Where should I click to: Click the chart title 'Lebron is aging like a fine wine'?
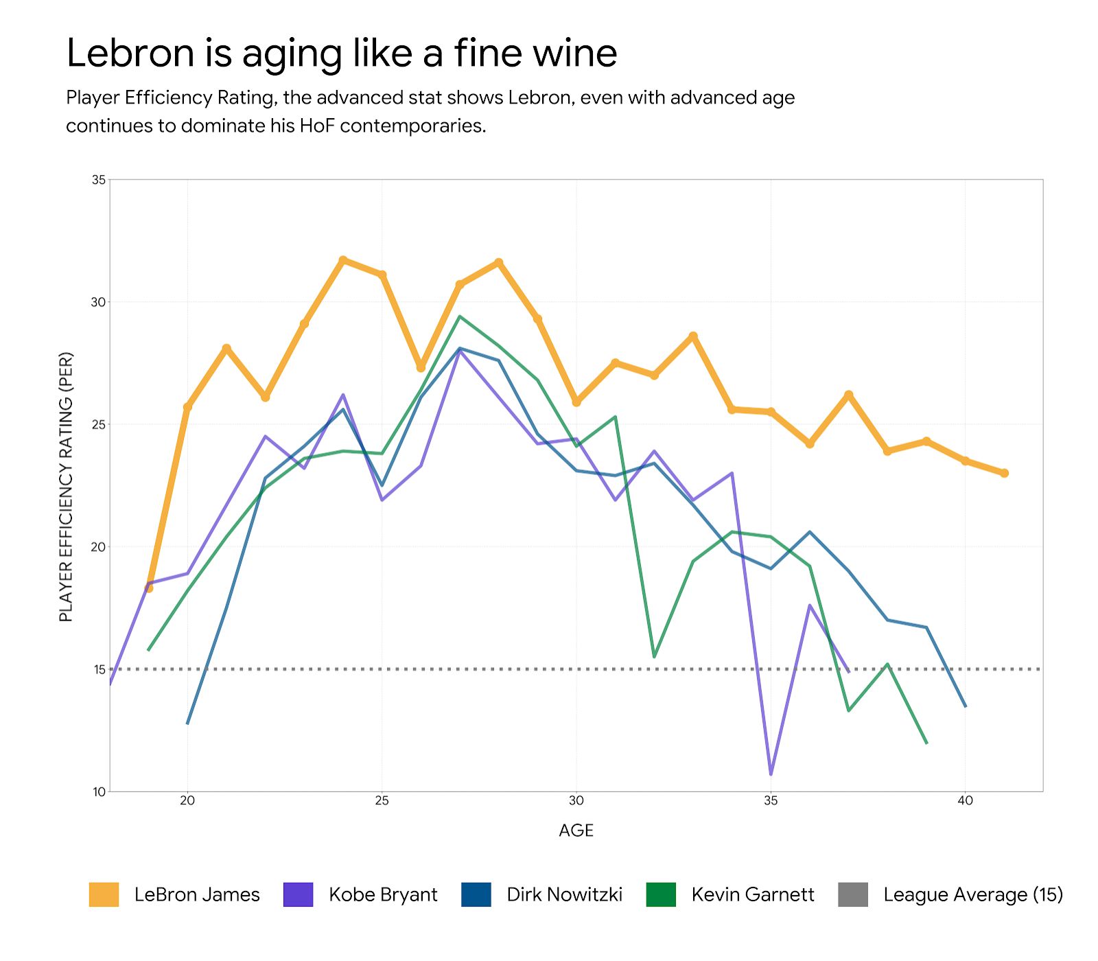(341, 54)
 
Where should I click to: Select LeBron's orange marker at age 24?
(343, 260)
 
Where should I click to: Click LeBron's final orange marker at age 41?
(1004, 473)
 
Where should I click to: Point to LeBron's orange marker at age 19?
(149, 588)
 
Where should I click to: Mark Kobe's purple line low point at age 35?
(771, 774)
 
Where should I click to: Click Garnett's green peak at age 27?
(460, 316)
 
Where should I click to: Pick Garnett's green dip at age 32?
(654, 657)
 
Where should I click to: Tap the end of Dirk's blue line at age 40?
(966, 706)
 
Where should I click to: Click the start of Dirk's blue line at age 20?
(187, 723)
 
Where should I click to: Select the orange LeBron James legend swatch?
(104, 894)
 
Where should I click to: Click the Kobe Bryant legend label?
(382, 894)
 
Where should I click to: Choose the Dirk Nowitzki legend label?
(564, 894)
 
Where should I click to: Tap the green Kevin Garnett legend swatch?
(661, 894)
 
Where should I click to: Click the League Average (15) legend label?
(972, 894)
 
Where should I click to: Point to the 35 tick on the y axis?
(99, 180)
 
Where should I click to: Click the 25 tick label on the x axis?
(382, 800)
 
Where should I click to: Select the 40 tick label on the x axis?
(965, 800)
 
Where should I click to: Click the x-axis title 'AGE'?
(576, 831)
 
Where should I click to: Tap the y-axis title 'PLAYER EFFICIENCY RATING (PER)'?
(66, 487)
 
